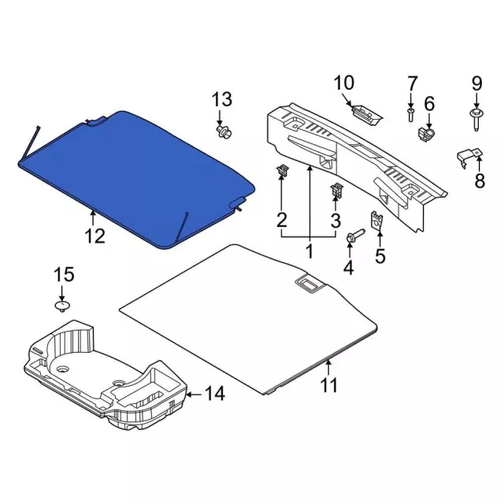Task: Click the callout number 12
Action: (94, 235)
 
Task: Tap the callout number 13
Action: (222, 99)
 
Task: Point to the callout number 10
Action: (344, 83)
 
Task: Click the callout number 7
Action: (411, 83)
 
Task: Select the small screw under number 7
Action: (411, 115)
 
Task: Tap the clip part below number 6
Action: (426, 135)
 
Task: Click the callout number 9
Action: (476, 83)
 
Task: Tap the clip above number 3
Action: (336, 191)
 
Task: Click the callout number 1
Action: (309, 252)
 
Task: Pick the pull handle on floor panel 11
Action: (308, 282)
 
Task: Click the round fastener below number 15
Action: (62, 305)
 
